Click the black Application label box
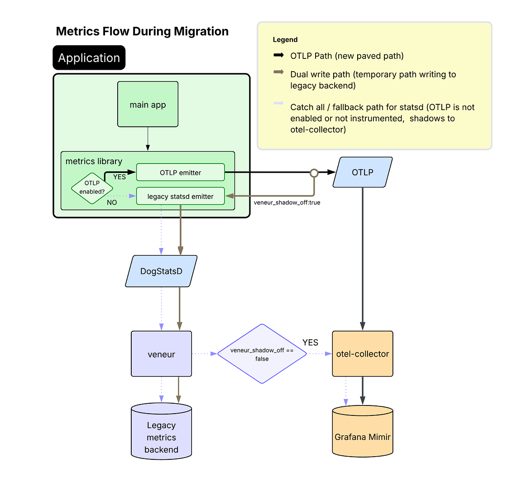[89, 58]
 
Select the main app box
[148, 104]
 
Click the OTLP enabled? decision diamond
[92, 188]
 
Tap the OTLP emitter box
[180, 172]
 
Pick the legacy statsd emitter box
[180, 196]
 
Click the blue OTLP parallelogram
[362, 172]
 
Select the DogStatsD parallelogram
[161, 271]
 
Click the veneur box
[161, 354]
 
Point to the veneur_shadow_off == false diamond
[262, 354]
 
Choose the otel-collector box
[362, 354]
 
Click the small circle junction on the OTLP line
[314, 173]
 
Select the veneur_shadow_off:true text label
[287, 203]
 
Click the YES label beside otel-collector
[310, 343]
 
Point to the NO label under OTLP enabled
[112, 203]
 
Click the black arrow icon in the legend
[278, 55]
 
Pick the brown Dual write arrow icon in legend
[278, 72]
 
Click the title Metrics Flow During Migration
[142, 31]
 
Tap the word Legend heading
[285, 40]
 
